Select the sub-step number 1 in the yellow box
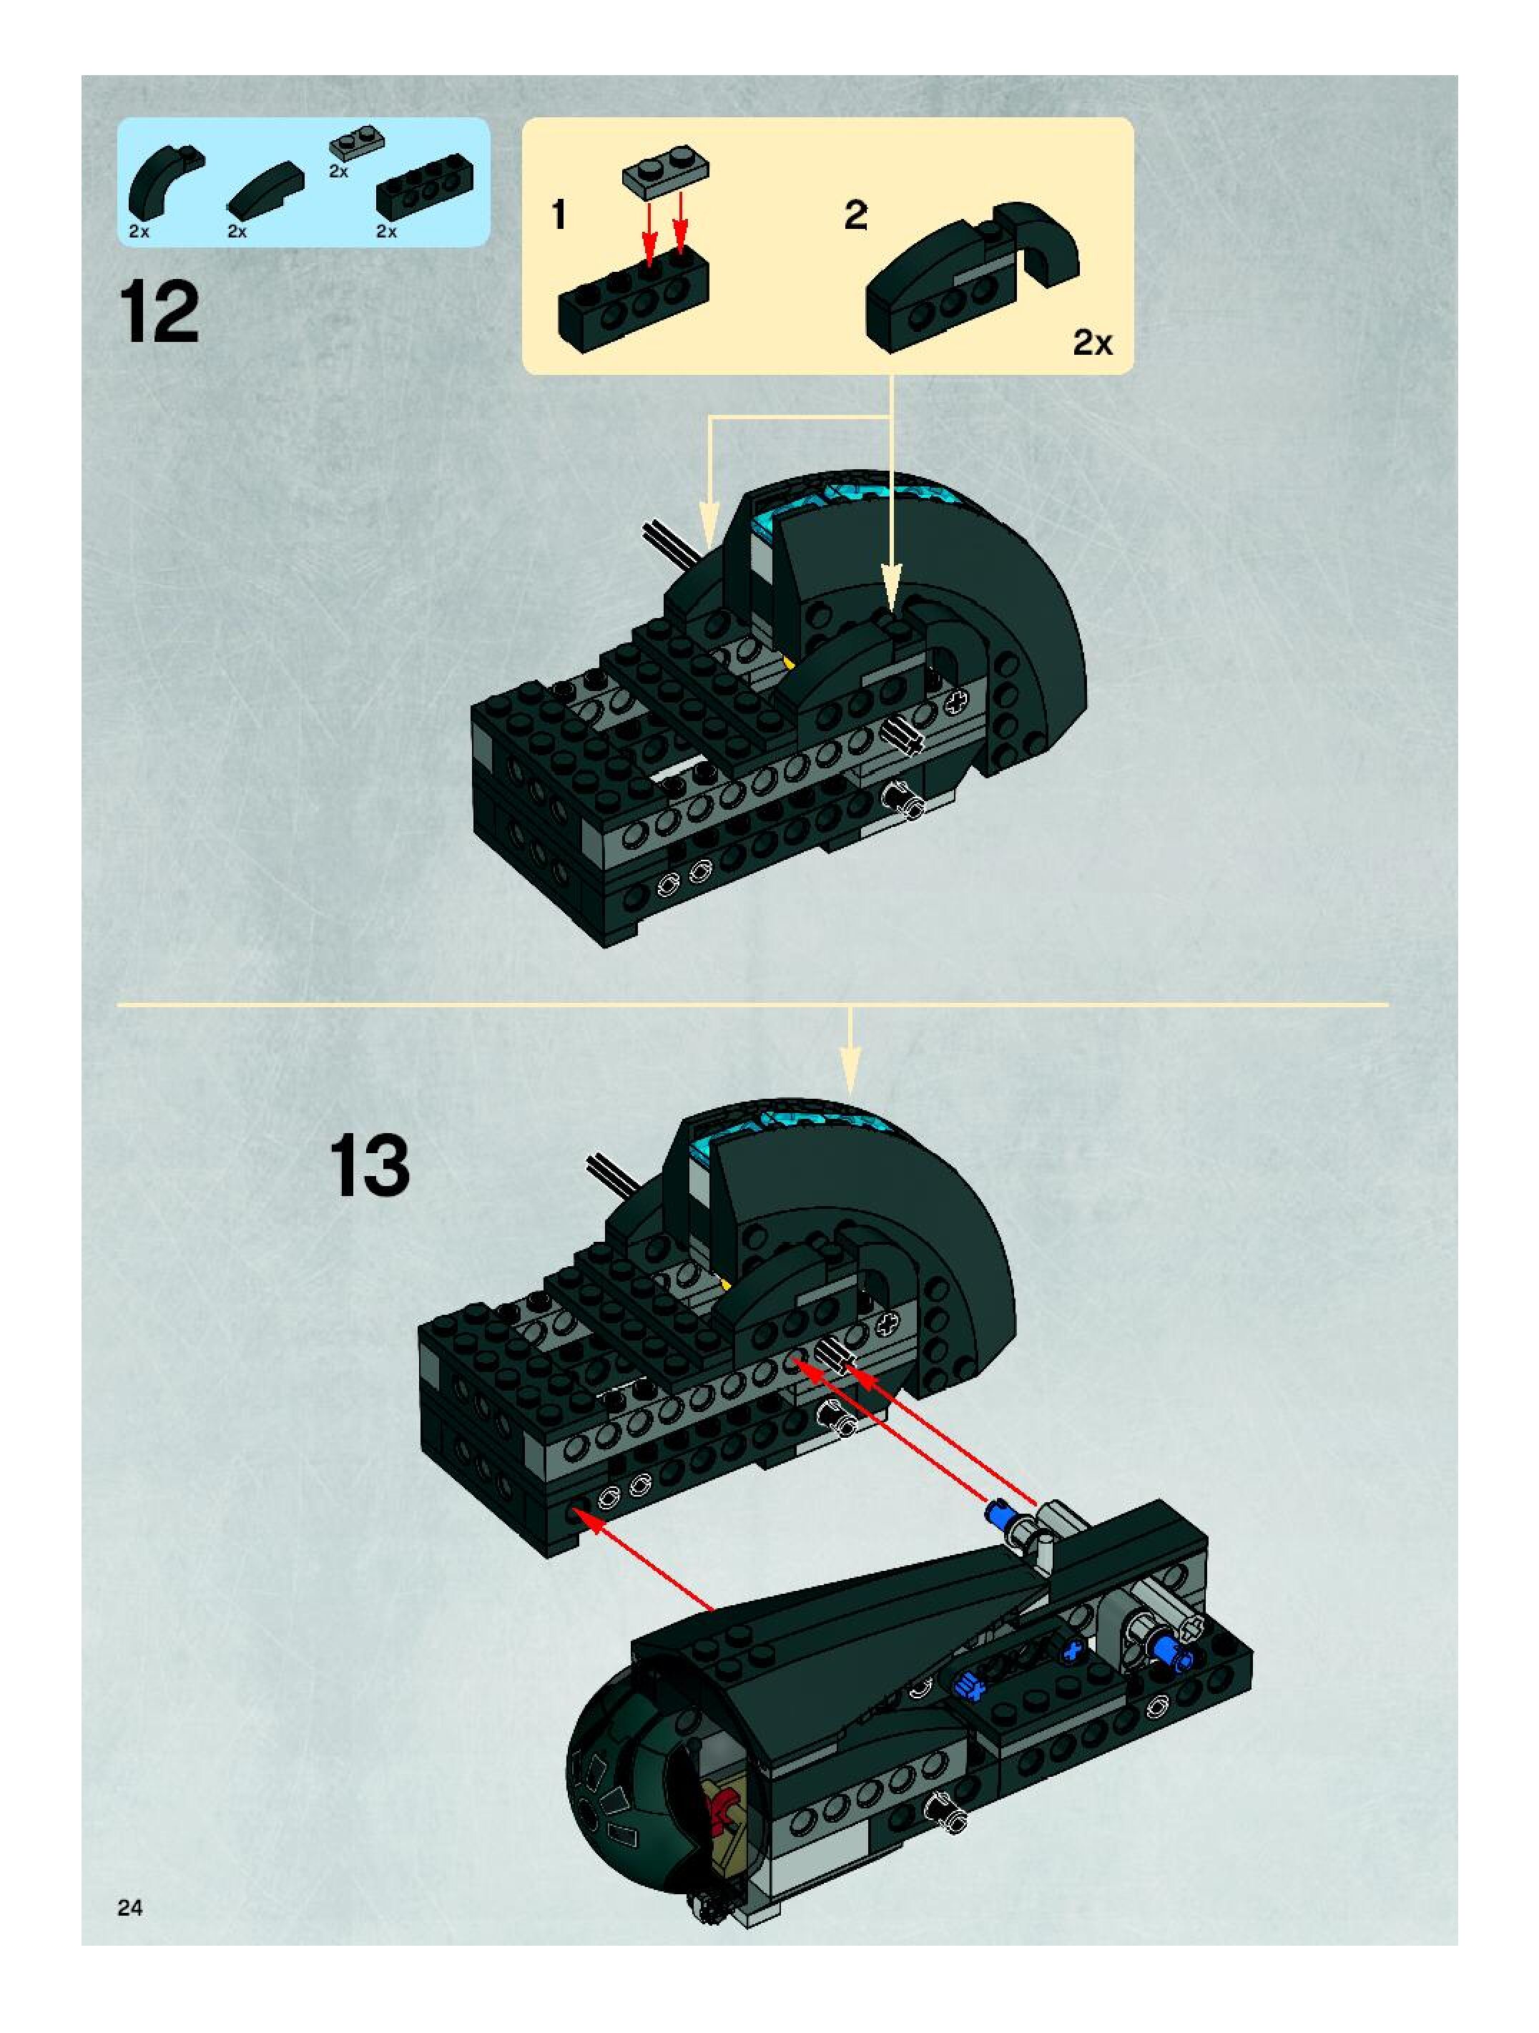coord(558,216)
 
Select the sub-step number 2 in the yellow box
coord(855,216)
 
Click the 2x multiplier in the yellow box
coord(1093,343)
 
